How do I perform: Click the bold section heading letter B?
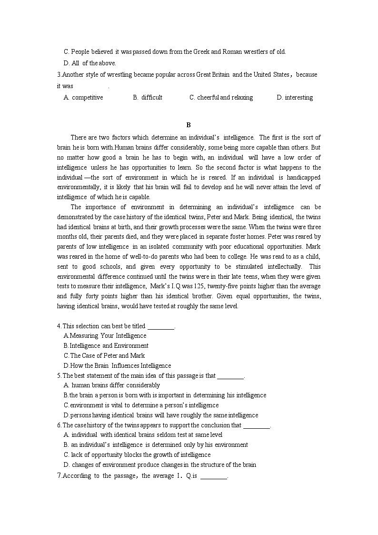click(x=189, y=125)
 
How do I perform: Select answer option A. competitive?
click(x=83, y=97)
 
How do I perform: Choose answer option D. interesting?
click(x=295, y=97)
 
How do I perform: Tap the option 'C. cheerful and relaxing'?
click(x=221, y=97)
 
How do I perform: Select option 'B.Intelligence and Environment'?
click(x=106, y=346)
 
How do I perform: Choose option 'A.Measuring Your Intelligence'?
click(x=105, y=336)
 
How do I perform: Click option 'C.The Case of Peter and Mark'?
click(x=104, y=356)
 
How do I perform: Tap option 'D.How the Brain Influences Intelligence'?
click(x=117, y=366)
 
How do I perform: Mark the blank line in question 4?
click(x=161, y=327)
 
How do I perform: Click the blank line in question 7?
click(x=214, y=476)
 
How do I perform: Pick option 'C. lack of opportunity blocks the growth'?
click(x=137, y=455)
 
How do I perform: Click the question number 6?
click(x=59, y=425)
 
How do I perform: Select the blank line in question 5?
click(x=230, y=376)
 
